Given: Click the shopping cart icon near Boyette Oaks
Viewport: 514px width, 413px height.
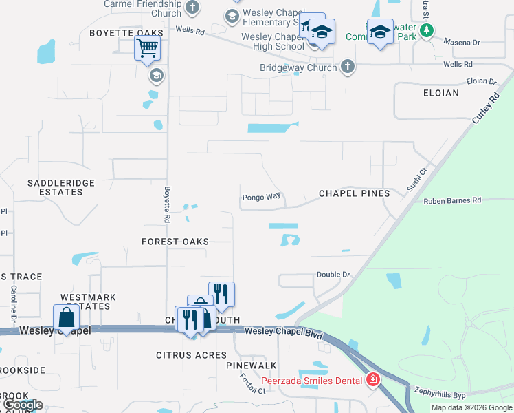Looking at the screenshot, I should [147, 49].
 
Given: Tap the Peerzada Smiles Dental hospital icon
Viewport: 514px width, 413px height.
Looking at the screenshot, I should [372, 379].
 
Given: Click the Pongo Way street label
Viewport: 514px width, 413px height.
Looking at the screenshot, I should [261, 197].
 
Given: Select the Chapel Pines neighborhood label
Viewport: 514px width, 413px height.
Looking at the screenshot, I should [354, 193].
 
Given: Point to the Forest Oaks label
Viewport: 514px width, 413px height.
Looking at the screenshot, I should [175, 242].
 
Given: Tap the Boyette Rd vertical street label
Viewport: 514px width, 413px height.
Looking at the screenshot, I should [166, 204].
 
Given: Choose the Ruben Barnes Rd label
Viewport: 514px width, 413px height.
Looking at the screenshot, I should [453, 201].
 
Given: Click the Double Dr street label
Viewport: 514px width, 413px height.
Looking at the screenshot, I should [333, 275].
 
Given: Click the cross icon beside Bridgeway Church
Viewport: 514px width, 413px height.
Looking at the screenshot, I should [348, 67].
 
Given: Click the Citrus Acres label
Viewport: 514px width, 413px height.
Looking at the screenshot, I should [191, 355].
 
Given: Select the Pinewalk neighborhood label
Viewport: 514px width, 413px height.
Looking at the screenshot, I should [251, 365].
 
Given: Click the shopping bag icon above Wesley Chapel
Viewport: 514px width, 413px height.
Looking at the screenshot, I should [66, 317].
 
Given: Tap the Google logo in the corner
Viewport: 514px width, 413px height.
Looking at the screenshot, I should [22, 405].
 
